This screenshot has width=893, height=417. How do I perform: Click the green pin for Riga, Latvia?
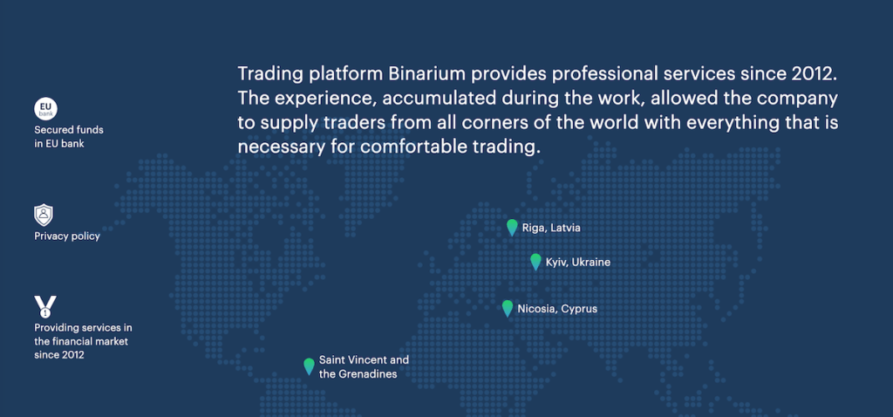512,228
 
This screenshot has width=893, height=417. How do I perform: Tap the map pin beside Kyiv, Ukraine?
535,262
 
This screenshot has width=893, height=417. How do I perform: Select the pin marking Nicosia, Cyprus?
508,308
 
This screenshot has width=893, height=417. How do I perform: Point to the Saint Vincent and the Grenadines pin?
309,366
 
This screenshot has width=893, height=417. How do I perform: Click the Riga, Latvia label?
551,229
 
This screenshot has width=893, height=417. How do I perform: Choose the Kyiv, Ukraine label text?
578,263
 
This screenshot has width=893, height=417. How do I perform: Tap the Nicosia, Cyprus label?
557,309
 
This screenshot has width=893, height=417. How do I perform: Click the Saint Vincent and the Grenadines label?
364,367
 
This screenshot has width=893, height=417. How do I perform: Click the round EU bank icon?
45,109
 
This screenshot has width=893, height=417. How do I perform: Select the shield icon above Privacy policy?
44,215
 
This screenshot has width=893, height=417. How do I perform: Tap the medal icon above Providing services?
45,306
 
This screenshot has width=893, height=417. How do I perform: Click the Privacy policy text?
67,236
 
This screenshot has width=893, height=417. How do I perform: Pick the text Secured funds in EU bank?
69,137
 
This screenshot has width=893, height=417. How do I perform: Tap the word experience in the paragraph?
326,99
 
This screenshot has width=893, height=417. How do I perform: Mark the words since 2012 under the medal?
59,355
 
